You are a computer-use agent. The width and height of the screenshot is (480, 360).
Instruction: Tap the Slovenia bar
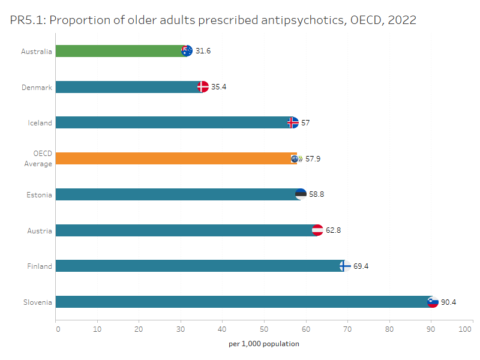coord(240,302)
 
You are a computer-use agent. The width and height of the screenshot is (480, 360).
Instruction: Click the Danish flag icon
coord(203,87)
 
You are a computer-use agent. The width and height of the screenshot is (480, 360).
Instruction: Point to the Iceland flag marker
coord(293,123)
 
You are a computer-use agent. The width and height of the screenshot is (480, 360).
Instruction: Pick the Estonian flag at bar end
coord(301,194)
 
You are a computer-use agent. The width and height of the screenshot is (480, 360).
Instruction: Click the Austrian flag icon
coord(317,230)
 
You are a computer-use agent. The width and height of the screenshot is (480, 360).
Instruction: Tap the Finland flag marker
coord(344,266)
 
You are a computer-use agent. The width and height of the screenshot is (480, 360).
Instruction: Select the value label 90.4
coord(448,302)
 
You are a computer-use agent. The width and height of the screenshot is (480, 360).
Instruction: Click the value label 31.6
coord(203,51)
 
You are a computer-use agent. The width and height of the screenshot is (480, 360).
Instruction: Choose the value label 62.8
coord(333,230)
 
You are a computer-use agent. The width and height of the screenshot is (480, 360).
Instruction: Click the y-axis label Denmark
coord(37,88)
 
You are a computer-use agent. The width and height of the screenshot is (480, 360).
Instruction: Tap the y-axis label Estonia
coord(39,195)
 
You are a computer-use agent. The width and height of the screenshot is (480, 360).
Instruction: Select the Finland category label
coord(40,266)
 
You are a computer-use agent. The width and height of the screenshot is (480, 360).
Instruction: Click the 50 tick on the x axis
coord(265,329)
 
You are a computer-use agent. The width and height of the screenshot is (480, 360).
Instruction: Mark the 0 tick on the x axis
coord(57,329)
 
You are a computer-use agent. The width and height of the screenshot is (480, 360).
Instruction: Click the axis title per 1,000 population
coord(264,344)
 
